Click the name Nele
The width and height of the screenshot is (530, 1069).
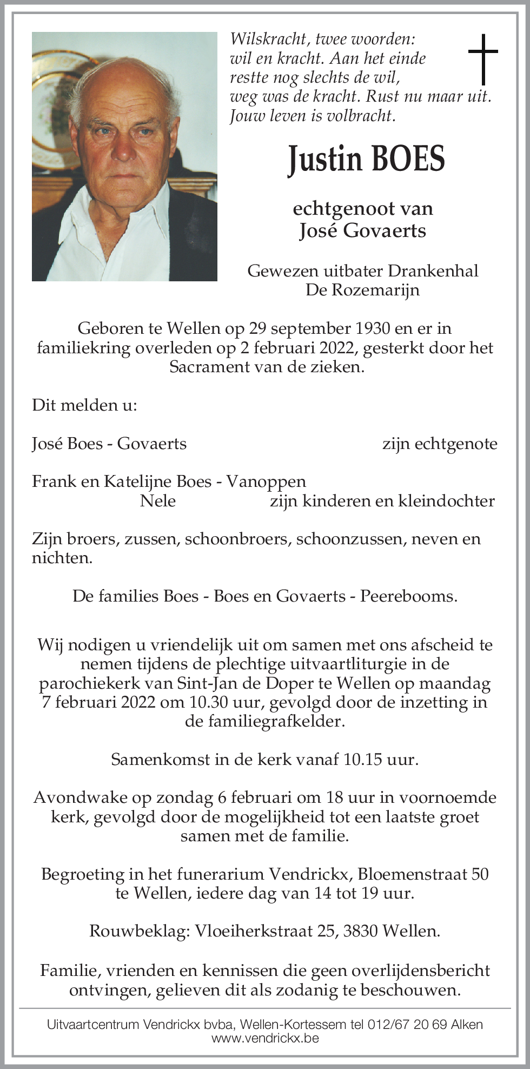[x=157, y=501]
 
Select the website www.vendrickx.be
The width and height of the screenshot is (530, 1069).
[x=265, y=1038]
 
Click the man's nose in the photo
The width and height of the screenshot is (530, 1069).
[x=124, y=146]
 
